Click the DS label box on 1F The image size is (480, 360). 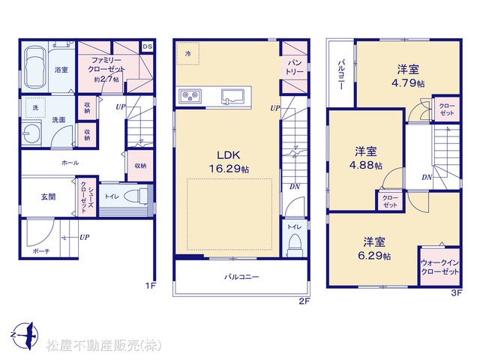click(x=147, y=46)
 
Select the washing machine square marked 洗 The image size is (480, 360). click(x=35, y=107)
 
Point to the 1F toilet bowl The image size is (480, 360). click(x=136, y=196)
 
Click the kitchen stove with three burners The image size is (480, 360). click(x=190, y=97)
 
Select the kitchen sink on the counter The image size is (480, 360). click(x=232, y=96)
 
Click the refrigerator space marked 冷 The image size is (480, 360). click(x=188, y=53)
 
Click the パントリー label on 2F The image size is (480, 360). click(x=295, y=67)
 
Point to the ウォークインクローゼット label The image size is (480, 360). click(x=440, y=267)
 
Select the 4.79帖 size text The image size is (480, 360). click(x=408, y=83)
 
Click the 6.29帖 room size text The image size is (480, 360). click(x=374, y=256)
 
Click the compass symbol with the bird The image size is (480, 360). click(x=26, y=335)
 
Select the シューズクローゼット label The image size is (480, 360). click(x=87, y=197)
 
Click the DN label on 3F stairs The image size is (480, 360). click(x=427, y=177)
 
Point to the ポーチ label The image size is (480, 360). click(x=40, y=251)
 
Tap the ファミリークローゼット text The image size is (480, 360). click(x=106, y=65)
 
